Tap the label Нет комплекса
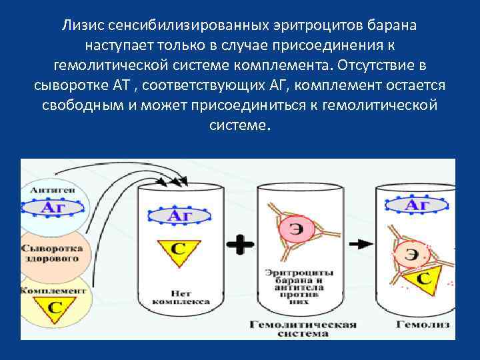171,296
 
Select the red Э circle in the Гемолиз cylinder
413,255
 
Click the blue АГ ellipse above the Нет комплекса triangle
178,215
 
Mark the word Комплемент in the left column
53,291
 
